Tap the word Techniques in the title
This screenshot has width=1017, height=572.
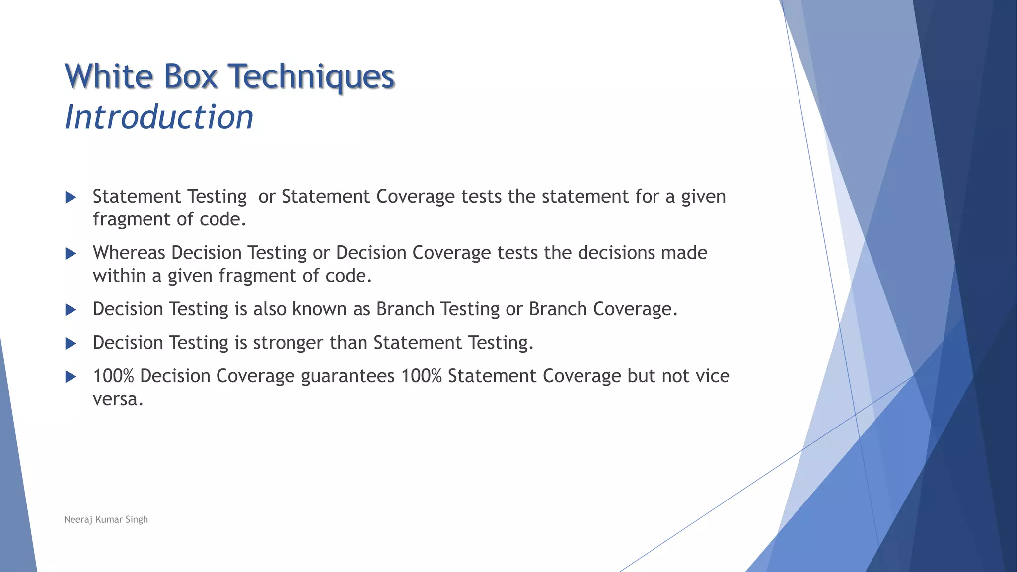pyautogui.click(x=311, y=77)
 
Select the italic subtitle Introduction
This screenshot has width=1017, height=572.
pyautogui.click(x=159, y=118)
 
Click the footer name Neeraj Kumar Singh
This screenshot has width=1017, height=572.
pyautogui.click(x=106, y=519)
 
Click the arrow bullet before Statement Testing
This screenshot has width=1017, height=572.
pyautogui.click(x=71, y=198)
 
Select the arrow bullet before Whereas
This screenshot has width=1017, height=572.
pyautogui.click(x=71, y=254)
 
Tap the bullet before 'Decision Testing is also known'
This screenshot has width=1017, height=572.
pyautogui.click(x=71, y=310)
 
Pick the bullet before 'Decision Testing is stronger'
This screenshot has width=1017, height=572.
pyautogui.click(x=71, y=344)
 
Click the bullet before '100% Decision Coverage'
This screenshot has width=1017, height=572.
pyautogui.click(x=71, y=377)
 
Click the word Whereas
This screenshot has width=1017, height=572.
pyautogui.click(x=129, y=253)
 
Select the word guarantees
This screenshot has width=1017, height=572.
pyautogui.click(x=348, y=376)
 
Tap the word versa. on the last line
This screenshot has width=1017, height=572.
pyautogui.click(x=118, y=399)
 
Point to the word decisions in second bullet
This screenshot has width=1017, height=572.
pyautogui.click(x=616, y=253)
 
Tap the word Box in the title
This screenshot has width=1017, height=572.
pyautogui.click(x=190, y=77)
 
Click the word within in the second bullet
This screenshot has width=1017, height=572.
pyautogui.click(x=119, y=276)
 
